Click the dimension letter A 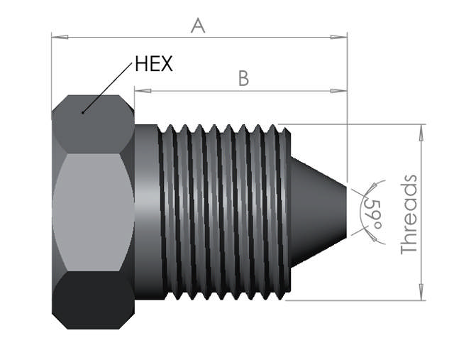click(198, 26)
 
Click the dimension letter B click(243, 78)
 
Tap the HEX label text click(153, 64)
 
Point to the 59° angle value click(370, 212)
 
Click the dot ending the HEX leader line click(83, 111)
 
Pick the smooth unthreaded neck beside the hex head click(146, 212)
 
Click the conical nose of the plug click(317, 212)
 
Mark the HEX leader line click(108, 89)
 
